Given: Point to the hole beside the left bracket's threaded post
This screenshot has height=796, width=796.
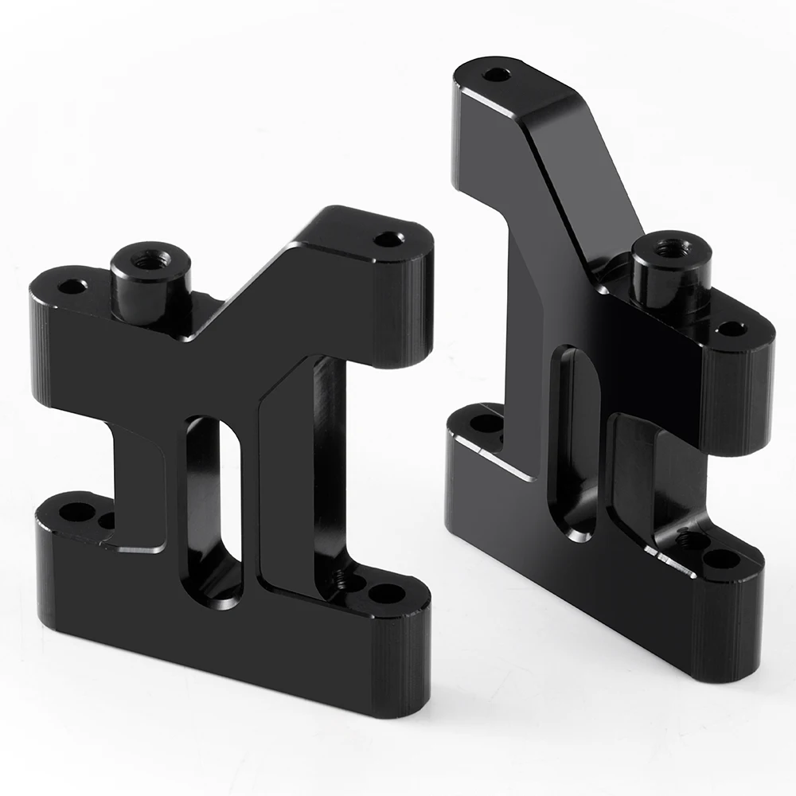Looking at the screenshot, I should click(72, 284).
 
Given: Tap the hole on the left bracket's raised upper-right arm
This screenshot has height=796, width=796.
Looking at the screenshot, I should click(388, 238).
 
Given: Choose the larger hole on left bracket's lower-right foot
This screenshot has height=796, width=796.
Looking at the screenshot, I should click(386, 593).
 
